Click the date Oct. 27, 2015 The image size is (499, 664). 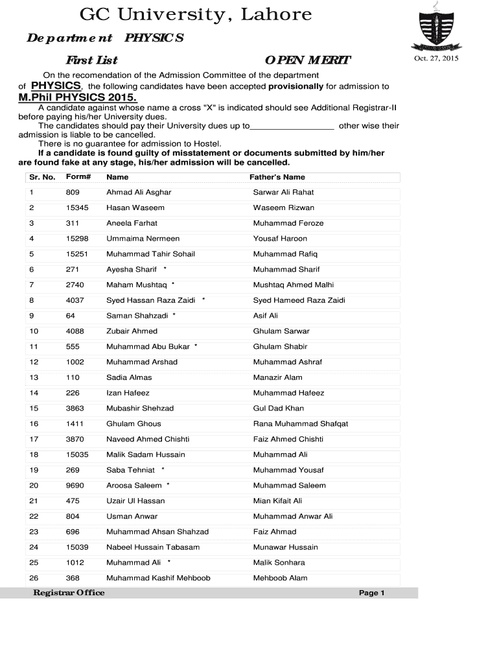[x=436, y=59]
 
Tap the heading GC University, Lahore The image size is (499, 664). [x=195, y=15]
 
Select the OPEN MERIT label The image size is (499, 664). [x=307, y=61]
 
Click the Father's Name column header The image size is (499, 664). [x=277, y=177]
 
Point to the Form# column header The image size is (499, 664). [x=78, y=177]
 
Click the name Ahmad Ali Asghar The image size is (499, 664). [x=139, y=193]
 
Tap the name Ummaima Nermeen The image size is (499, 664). [x=143, y=239]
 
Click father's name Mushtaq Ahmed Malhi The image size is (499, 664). [x=294, y=285]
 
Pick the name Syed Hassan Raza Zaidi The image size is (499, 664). [x=151, y=300]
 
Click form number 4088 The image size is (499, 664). [x=75, y=331]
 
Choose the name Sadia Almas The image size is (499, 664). [x=129, y=377]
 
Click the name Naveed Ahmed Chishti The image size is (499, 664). [x=148, y=439]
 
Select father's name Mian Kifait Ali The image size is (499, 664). [x=277, y=501]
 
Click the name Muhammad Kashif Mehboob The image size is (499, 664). [x=158, y=578]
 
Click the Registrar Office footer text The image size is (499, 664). [x=69, y=593]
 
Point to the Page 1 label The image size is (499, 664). [x=372, y=593]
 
